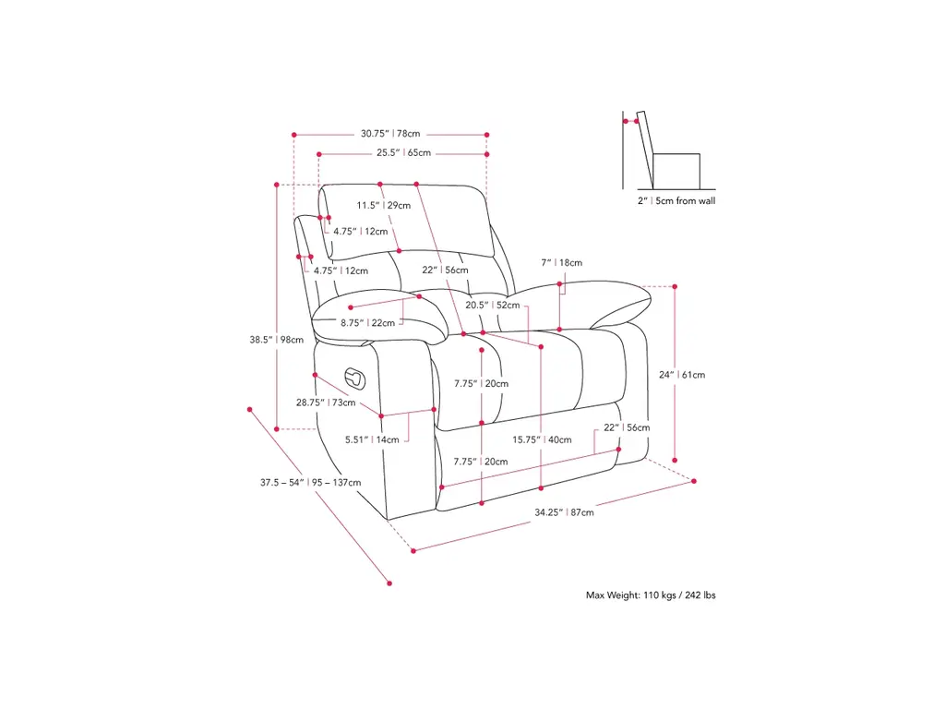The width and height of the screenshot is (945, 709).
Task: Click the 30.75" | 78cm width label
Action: [389, 134]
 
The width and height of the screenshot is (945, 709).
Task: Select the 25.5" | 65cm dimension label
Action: [403, 153]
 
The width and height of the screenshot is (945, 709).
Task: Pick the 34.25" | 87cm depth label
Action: [564, 512]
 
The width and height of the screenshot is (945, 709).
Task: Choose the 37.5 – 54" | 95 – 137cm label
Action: [310, 482]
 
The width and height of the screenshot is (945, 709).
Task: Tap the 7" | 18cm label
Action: [562, 263]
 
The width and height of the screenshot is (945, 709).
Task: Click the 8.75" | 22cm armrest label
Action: [367, 323]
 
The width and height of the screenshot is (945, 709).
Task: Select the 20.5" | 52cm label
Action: [492, 305]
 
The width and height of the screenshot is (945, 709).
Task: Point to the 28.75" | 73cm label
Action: [326, 403]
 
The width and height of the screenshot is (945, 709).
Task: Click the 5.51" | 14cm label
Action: [373, 439]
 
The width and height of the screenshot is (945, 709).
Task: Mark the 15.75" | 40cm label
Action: [542, 439]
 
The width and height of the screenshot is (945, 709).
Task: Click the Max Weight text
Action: [651, 595]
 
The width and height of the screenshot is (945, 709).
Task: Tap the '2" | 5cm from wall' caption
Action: [676, 200]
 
